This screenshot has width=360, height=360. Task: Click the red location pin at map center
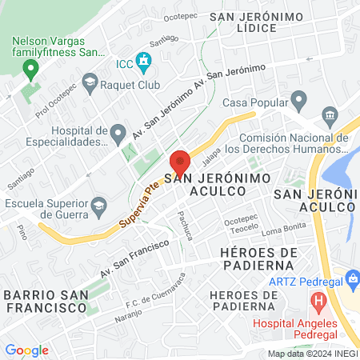[179, 163]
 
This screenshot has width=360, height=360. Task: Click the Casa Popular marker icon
[300, 102]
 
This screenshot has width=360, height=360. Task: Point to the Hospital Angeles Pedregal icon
[318, 303]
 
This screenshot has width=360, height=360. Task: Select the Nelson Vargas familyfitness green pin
[31, 70]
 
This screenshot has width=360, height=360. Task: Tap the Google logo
[26, 350]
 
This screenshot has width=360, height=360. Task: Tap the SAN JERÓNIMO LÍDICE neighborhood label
[256, 22]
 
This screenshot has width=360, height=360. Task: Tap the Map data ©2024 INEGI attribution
[313, 353]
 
